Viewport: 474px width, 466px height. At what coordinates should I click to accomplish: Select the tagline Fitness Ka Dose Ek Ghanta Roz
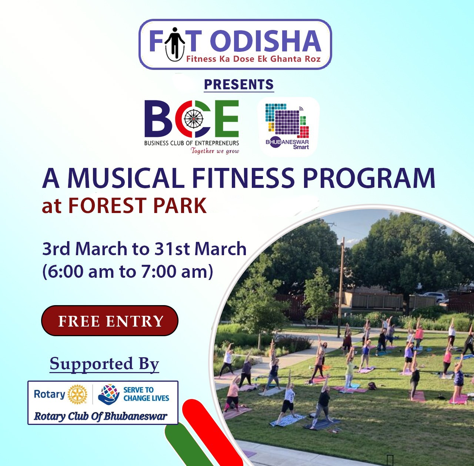(x=253, y=59)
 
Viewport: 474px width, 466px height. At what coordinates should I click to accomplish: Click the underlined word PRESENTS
(x=239, y=84)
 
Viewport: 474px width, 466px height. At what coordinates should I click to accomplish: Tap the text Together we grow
(x=215, y=151)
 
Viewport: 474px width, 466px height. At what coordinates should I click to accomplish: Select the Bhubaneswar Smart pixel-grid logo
(x=288, y=126)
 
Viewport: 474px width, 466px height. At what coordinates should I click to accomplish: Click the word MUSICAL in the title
(x=126, y=178)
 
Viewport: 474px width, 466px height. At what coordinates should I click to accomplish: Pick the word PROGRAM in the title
(x=369, y=178)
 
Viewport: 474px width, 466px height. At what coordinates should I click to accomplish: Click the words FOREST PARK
(x=137, y=205)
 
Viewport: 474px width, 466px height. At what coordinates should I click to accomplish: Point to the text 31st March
(x=200, y=249)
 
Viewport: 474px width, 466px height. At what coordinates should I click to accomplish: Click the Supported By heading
(x=104, y=365)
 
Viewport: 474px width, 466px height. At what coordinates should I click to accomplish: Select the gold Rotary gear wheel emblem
(x=77, y=395)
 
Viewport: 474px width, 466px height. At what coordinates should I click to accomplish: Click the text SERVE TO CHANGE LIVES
(x=146, y=394)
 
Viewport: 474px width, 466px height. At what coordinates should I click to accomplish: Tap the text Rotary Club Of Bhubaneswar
(x=101, y=416)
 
